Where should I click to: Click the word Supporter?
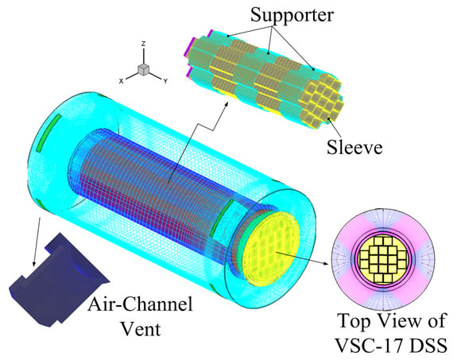point(292,15)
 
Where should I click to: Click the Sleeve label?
point(354,147)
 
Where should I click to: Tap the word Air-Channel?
point(140,304)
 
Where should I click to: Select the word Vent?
point(141,329)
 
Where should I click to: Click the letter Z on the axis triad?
point(144,44)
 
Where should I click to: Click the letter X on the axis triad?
point(121,81)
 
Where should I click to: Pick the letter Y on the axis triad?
point(165,81)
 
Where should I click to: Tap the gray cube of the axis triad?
point(144,69)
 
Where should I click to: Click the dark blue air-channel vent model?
point(59,281)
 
